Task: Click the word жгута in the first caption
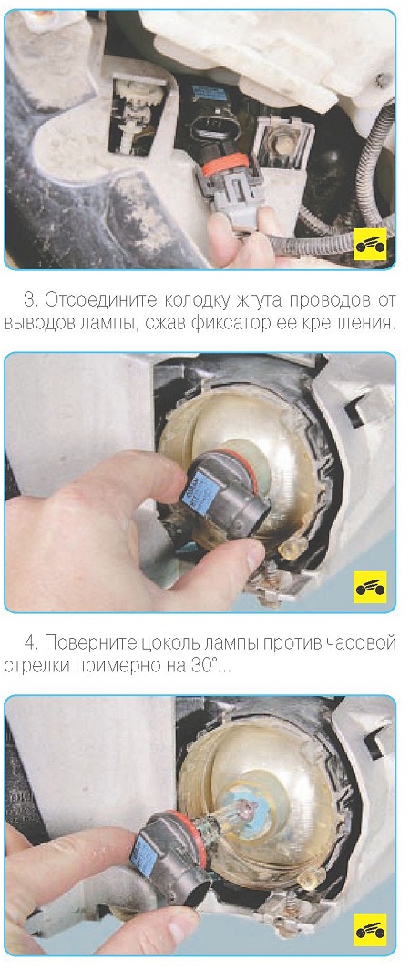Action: tap(236, 301)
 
